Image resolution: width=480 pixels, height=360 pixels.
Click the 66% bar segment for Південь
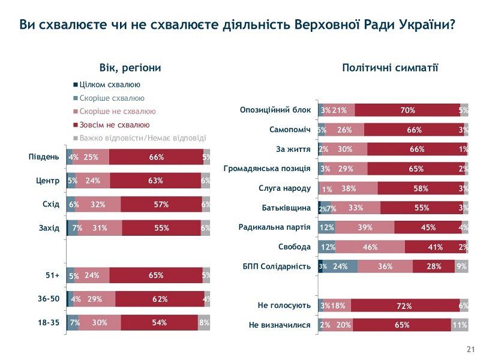157,157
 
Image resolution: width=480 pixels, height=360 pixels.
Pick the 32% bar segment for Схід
98,205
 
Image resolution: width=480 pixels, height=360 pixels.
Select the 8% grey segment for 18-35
204,323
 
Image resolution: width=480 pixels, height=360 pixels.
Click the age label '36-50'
47,299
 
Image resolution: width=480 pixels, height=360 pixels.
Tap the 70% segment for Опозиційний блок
407,110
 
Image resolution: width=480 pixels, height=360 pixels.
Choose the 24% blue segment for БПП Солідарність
340,266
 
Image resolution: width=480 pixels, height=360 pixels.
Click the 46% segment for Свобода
370,247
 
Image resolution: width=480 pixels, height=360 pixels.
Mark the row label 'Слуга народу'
284,188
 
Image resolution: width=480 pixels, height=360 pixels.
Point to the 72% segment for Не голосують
405,306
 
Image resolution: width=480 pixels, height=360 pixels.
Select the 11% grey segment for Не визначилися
460,325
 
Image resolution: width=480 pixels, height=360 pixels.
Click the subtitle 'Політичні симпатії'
390,68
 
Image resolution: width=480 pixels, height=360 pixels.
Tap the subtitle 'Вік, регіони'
130,68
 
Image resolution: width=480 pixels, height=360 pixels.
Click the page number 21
470,350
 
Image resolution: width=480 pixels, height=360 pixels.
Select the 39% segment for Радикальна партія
365,227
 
